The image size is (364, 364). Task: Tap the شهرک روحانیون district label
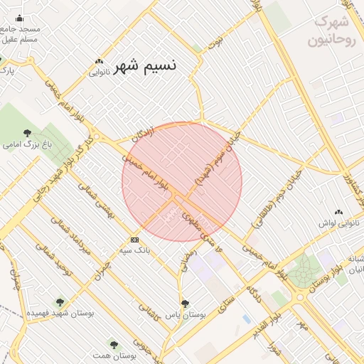pos(331,31)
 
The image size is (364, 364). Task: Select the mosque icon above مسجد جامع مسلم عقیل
pos(19,18)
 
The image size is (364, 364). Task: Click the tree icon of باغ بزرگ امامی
pos(28,133)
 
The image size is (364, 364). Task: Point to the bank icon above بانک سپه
pos(134,240)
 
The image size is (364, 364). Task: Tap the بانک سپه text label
pos(134,250)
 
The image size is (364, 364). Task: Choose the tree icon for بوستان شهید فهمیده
pos(59,301)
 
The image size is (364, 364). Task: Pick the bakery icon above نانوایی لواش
pos(338,212)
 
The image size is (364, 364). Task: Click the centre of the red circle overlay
pos(182,181)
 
